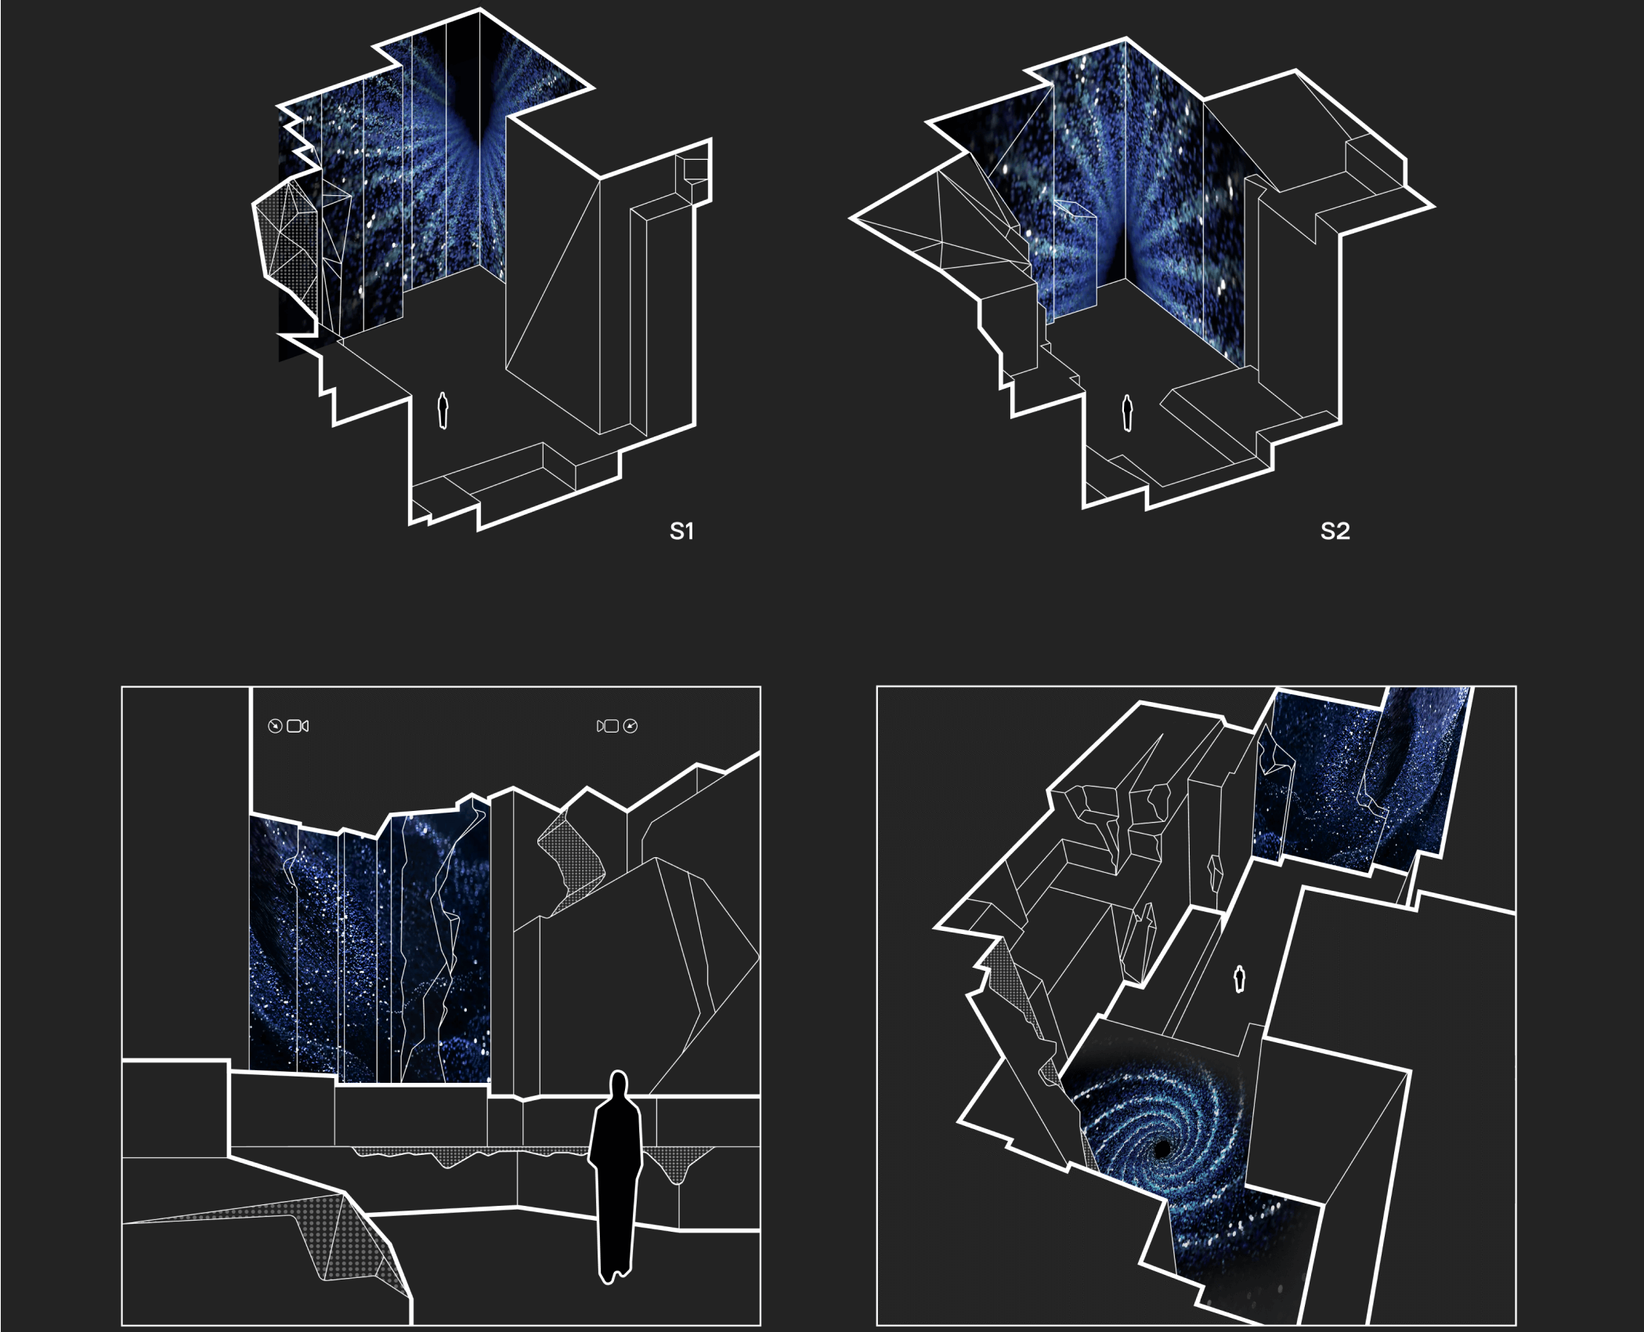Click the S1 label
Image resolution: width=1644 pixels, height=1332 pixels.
coord(681,531)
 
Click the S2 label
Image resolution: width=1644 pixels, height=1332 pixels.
coord(1335,531)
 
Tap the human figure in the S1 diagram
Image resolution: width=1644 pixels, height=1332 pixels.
coord(443,411)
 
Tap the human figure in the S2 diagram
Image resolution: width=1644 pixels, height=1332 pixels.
coord(1128,412)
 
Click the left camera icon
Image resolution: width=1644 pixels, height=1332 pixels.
coord(298,726)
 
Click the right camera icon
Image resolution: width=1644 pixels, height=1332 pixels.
coord(608,726)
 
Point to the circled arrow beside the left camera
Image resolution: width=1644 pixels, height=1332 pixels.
coord(274,726)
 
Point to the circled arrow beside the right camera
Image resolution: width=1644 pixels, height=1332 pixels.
coord(631,726)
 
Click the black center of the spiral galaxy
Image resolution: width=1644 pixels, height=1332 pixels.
coord(1163,1149)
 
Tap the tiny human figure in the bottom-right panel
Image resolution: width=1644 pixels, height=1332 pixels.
coord(1240,979)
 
